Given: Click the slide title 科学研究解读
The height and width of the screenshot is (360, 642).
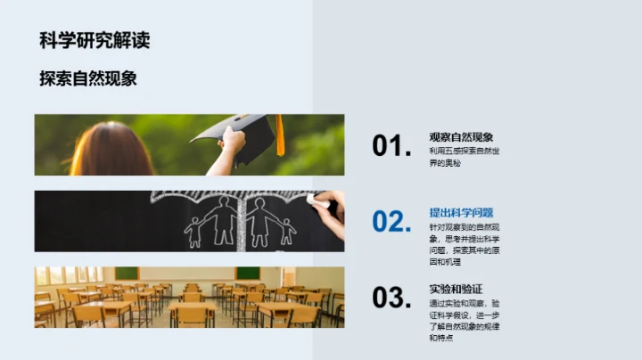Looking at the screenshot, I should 95,40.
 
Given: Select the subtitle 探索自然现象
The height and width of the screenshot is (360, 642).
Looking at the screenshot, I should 87,78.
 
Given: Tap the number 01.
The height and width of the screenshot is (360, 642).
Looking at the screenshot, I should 392,147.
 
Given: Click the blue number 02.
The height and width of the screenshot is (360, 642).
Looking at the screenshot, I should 392,222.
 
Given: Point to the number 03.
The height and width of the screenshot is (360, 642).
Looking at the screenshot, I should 392,298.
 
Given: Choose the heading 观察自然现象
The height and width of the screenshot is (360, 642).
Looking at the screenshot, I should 461,137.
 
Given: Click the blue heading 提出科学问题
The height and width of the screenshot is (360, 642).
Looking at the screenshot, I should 461,213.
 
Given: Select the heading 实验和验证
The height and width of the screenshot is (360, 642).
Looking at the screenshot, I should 456,289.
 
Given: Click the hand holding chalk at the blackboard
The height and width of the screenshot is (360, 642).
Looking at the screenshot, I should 327,209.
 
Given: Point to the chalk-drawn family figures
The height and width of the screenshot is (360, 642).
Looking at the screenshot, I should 239,225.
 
